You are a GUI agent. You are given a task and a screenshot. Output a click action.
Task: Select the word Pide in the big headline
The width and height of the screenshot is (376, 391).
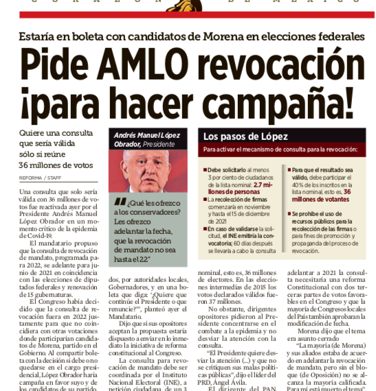click(52, 67)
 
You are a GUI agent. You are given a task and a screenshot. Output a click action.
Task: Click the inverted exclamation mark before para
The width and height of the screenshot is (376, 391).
click(26, 104)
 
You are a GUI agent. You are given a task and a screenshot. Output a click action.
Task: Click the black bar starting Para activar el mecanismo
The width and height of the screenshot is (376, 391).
click(280, 150)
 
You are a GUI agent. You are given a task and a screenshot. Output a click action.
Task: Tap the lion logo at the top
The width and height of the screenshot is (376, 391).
click(187, 5)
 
